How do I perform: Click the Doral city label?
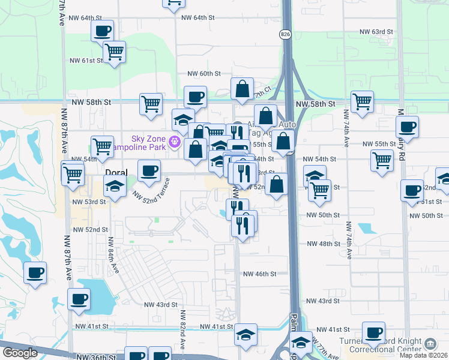coord(116,172)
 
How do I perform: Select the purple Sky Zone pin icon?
coord(175,142)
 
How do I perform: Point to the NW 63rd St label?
coord(376,31)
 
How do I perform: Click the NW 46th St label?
coord(259,274)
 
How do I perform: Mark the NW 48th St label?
coord(323,244)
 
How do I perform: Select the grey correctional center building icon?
coord(430,344)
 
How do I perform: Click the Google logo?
coord(20,353)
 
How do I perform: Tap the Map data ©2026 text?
coord(424,355)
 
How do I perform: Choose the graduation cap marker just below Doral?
coord(115,185)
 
